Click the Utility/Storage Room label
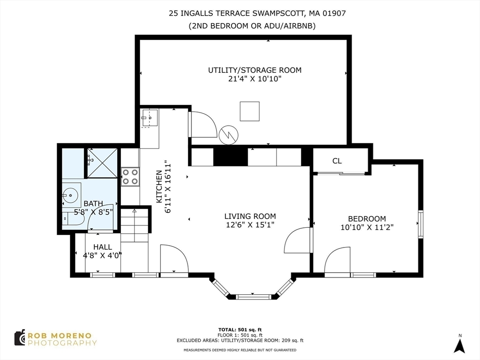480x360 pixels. pyautogui.click(x=255, y=70)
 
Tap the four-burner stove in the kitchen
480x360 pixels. pyautogui.click(x=130, y=177)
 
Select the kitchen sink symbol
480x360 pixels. pyautogui.click(x=150, y=118)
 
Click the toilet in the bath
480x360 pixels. pyautogui.click(x=74, y=218)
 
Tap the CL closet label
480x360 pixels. pyautogui.click(x=337, y=161)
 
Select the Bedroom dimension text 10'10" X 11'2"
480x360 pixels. pyautogui.click(x=367, y=227)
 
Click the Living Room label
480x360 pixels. pyautogui.click(x=250, y=217)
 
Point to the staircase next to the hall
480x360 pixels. pyautogui.click(x=135, y=225)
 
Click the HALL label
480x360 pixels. pyautogui.click(x=103, y=247)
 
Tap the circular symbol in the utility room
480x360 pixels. pyautogui.click(x=228, y=135)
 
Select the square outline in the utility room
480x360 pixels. pyautogui.click(x=250, y=111)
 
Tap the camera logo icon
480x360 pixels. pyautogui.click(x=20, y=337)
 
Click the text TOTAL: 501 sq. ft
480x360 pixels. pyautogui.click(x=240, y=330)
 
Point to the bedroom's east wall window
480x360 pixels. pyautogui.click(x=420, y=224)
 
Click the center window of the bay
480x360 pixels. pyautogui.click(x=254, y=296)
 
